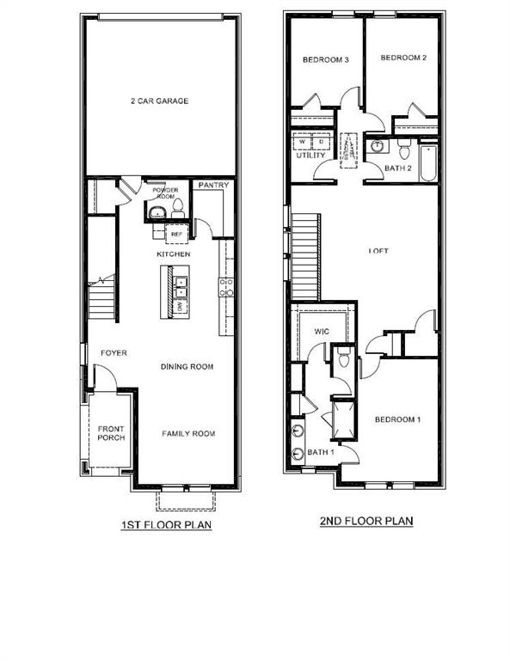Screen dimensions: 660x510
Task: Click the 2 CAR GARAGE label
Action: tap(159, 101)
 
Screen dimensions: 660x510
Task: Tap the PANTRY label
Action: tap(212, 184)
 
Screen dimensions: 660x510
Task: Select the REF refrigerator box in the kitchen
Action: tap(177, 234)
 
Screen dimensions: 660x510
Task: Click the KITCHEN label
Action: tap(173, 255)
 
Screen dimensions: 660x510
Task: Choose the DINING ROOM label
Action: tap(187, 367)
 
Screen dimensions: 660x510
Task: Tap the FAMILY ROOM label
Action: tap(188, 434)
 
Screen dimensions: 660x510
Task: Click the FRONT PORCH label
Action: tap(111, 433)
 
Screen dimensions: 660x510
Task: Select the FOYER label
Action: tap(114, 353)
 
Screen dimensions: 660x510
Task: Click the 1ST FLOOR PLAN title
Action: tap(166, 524)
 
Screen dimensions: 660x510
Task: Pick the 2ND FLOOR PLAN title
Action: tap(367, 520)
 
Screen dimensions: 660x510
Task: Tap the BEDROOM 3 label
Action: tap(325, 60)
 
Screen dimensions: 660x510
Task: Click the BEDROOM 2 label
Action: tap(403, 58)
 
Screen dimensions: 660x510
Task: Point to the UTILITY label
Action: tap(310, 156)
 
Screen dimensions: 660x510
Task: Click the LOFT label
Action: tap(378, 251)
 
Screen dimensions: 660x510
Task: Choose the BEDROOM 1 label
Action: tap(397, 419)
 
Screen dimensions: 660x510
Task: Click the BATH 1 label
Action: tap(319, 452)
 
